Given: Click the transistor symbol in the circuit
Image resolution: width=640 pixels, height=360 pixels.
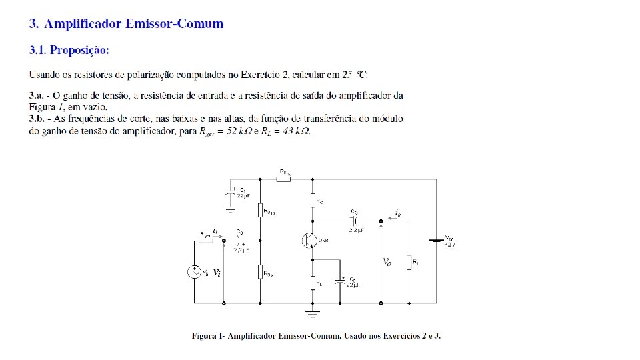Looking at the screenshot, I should point(309,240).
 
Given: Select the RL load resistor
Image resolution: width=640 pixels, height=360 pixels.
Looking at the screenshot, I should point(407,262).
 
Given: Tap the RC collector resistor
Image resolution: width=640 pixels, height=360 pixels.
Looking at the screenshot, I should point(312,200).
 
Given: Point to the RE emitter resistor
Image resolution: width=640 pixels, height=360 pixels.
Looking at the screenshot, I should point(312,283).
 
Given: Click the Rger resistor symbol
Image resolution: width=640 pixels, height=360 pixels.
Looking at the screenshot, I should point(207,240).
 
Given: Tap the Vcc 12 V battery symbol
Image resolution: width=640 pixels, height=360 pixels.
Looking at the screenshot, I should point(437,240).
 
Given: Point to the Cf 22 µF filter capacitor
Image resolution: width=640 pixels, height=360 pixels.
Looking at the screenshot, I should point(230,195).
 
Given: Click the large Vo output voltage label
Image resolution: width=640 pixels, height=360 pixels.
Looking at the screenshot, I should point(387,263).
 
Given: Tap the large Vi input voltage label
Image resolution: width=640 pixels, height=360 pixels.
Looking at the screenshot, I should point(217,272).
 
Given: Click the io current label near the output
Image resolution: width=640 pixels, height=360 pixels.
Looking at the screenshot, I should point(398,213).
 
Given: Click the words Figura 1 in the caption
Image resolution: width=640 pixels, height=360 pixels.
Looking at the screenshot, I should point(207,335).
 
